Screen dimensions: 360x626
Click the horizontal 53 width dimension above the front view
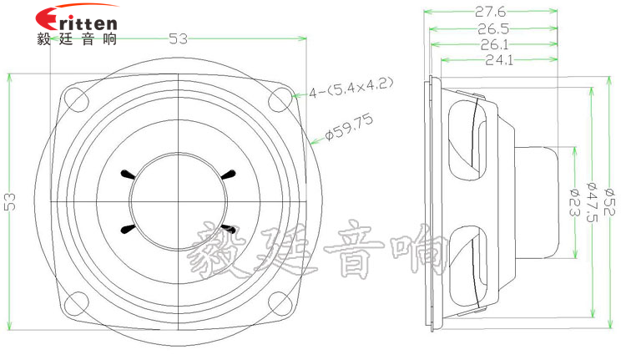(178, 38)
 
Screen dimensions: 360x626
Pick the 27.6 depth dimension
(492, 12)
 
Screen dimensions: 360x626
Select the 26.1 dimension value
(495, 44)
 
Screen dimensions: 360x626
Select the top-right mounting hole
(279, 98)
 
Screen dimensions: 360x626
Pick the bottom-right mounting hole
(279, 306)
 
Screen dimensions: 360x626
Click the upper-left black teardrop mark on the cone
(128, 175)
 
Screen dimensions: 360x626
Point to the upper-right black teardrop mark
(228, 175)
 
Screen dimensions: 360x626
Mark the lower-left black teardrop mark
(128, 229)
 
